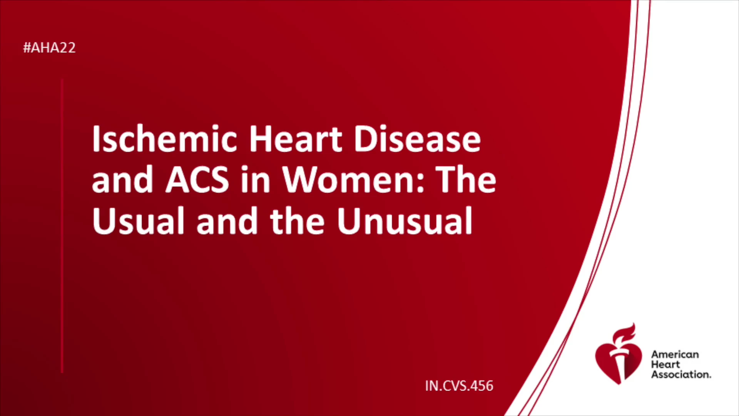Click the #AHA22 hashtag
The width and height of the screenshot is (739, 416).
49,48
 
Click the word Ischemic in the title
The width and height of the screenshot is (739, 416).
164,139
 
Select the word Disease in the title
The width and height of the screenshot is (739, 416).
417,139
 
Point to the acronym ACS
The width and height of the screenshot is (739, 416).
197,180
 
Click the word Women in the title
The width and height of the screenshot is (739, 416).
349,180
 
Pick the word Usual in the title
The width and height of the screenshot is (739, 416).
138,221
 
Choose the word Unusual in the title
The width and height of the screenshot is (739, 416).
405,221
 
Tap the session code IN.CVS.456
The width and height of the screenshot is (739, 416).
459,386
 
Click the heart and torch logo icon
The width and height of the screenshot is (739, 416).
618,354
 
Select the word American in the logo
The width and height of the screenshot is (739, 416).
675,354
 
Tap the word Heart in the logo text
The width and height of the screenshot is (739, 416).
665,364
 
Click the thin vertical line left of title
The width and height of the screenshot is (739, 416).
62,226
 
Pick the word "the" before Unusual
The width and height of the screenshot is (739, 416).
298,221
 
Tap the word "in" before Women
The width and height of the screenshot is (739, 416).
256,180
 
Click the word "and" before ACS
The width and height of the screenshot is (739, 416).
123,180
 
